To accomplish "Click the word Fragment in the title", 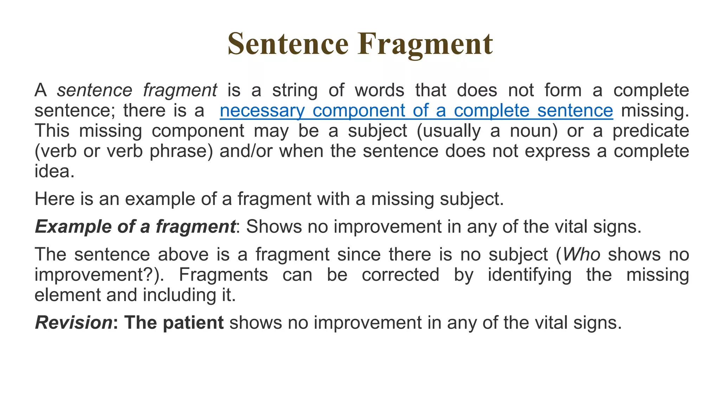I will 425,45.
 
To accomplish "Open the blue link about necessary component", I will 416,111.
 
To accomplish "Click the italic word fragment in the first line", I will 180,91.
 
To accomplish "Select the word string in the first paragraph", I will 295,90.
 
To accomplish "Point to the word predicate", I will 651,131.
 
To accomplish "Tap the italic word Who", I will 581,255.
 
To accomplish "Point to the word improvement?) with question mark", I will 99,275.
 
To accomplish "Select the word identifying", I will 529,275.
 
